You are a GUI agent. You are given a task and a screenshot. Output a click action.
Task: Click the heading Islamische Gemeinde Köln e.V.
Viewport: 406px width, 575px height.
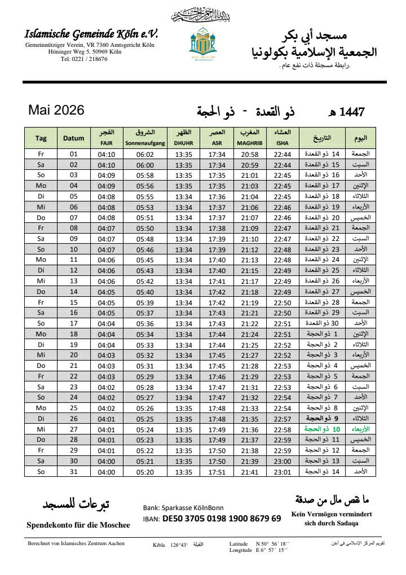[x=91, y=34]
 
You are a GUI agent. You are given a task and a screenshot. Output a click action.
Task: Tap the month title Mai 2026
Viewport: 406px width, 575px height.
[x=56, y=110]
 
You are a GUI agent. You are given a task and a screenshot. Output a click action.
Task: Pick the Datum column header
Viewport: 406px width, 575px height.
[x=73, y=138]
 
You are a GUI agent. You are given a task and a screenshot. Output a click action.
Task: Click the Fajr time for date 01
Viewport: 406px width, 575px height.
[x=106, y=154]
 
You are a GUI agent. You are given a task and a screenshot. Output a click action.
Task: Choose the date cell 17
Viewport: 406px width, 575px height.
[x=73, y=323]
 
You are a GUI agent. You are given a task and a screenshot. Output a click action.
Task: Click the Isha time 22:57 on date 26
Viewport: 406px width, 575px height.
[x=282, y=419]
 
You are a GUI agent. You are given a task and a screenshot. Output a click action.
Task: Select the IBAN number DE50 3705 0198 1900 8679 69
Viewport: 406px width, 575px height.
[x=221, y=519]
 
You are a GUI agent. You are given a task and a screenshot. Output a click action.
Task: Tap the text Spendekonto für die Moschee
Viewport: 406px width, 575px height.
[x=78, y=525]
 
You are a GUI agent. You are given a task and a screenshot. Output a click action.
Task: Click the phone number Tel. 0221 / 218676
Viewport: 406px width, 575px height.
[x=84, y=59]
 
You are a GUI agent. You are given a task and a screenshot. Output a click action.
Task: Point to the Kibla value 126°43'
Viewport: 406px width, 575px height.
[x=178, y=545]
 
